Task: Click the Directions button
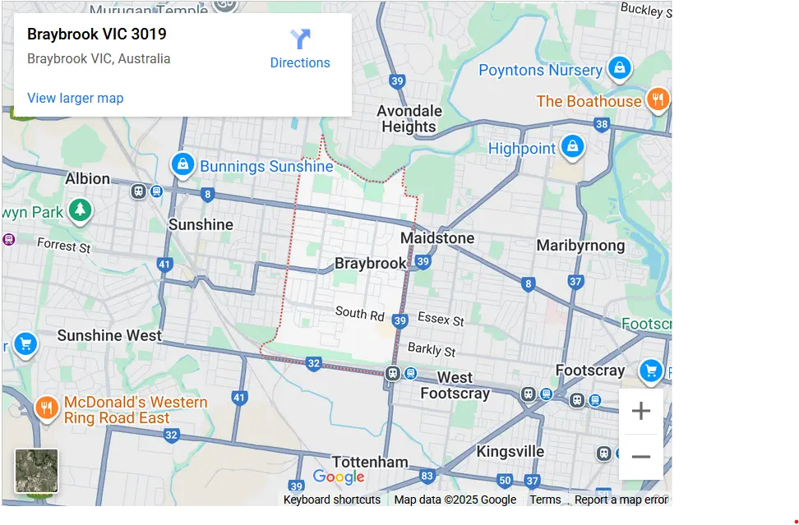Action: pos(300,49)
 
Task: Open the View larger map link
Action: pos(75,98)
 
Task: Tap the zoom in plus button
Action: pos(640,412)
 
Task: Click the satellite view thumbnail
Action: pos(37,471)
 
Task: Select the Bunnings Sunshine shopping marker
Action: pos(182,165)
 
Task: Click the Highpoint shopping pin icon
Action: pos(572,147)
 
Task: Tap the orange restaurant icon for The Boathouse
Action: pos(657,100)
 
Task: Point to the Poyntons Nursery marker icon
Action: pos(619,67)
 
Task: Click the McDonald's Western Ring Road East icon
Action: pos(46,408)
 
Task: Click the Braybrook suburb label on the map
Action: pos(370,264)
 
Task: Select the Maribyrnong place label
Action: pos(580,246)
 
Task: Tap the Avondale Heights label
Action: pos(409,119)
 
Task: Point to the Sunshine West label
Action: pos(109,335)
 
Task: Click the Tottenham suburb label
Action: pos(370,462)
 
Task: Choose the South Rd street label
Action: pos(360,313)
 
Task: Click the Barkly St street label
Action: pos(432,349)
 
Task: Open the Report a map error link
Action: pos(621,500)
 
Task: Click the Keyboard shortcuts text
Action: pos(332,500)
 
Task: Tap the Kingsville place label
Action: pos(510,452)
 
